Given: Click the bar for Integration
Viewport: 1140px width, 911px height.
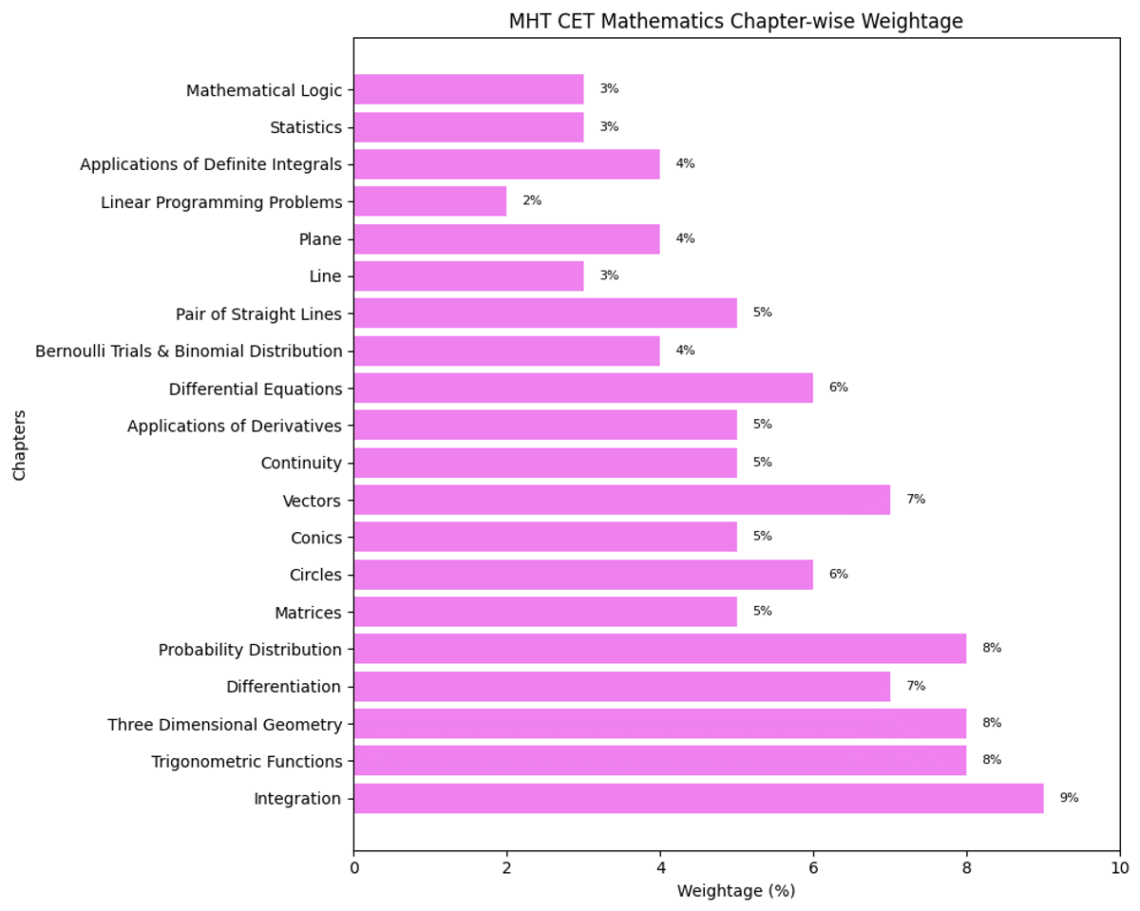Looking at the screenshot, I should pos(698,798).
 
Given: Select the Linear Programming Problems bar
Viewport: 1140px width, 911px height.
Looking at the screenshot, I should pos(429,201).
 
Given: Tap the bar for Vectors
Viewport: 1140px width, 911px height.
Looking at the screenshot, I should pos(621,500).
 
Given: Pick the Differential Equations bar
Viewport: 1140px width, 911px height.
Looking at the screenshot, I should pos(583,388).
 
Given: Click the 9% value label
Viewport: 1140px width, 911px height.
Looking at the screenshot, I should pos(1069,798).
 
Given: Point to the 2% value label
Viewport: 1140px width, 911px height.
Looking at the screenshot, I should pos(532,201).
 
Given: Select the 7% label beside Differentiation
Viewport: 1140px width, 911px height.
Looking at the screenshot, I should pos(915,686).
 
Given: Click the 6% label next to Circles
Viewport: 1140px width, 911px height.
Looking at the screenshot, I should pos(838,574).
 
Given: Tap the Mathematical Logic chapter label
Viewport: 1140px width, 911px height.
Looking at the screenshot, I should pos(263,90).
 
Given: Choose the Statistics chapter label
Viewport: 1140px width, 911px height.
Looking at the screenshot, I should pos(305,127).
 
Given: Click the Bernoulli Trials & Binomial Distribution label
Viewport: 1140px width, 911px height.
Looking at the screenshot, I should pos(188,351).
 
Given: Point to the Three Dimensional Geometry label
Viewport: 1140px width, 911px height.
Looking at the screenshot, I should pos(224,725).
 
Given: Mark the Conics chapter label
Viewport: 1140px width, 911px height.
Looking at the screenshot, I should pos(315,538).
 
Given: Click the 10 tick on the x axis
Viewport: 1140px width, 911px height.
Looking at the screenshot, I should pos(1120,867).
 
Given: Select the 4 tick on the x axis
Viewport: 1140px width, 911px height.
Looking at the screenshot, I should pos(660,867).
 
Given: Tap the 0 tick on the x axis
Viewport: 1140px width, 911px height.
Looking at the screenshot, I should pos(354,867).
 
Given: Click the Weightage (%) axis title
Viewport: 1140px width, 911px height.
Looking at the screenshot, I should pos(735,891).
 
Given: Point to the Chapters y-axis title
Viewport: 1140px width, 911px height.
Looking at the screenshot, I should pos(20,445).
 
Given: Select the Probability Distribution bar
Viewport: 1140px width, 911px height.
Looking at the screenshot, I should pos(659,649).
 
